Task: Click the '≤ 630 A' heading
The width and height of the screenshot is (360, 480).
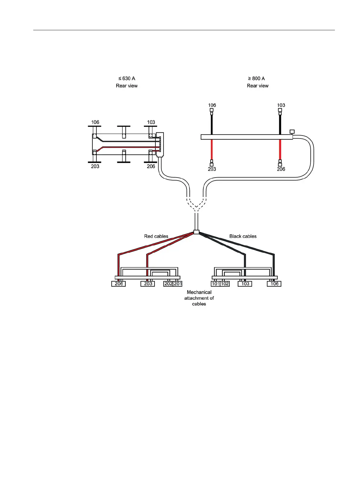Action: tap(127, 78)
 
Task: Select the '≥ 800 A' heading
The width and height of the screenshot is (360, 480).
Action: tap(256, 78)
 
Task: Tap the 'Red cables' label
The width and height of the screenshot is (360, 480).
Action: tap(156, 236)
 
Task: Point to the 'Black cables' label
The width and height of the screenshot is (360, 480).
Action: tap(243, 236)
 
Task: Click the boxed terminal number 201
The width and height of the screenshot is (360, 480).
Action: tap(178, 284)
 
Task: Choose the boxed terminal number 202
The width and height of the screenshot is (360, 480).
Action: tap(168, 284)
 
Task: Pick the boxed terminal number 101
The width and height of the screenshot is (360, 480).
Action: tap(215, 284)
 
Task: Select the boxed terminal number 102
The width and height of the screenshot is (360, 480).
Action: tap(225, 284)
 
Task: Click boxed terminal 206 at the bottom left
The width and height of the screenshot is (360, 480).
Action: tap(119, 284)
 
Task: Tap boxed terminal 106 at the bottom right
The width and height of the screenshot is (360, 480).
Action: tap(274, 284)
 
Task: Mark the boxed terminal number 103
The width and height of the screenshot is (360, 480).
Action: tap(245, 284)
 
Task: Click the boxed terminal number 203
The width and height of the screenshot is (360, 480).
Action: tap(148, 284)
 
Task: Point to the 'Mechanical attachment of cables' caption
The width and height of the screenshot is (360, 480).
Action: tap(199, 298)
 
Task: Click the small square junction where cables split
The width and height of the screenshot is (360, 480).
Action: tap(196, 232)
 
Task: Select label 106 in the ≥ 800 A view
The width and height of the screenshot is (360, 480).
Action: tap(212, 105)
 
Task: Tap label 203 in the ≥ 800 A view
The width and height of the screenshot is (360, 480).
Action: tap(212, 169)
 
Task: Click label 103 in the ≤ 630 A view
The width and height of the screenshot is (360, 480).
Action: tap(151, 122)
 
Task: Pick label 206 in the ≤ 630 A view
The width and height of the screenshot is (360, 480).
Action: tap(151, 166)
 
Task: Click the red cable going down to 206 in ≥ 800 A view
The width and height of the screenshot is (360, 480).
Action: tap(280, 150)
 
